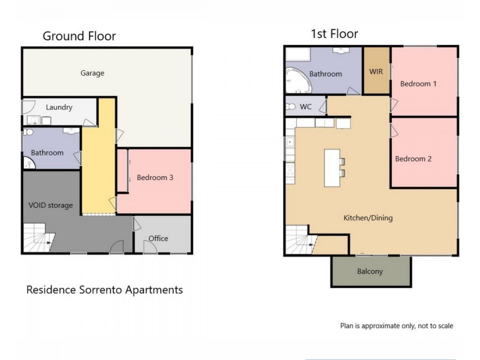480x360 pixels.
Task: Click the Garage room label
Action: pos(92,73)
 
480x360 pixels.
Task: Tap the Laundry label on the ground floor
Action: pos(59,107)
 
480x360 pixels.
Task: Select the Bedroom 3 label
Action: pos(155,177)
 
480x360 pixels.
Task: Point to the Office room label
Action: pos(158,238)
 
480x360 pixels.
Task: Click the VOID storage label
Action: pos(50,205)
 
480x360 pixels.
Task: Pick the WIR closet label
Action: pos(376,71)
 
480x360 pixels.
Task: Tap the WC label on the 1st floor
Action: pos(305,107)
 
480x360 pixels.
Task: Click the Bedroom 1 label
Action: pos(418,84)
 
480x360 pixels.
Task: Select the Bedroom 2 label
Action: pos(413,159)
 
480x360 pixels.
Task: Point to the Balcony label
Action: pos(370,271)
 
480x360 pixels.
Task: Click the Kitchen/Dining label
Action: pos(368,218)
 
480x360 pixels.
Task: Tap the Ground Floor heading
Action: pos(79,36)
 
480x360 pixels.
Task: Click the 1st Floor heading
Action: pos(334,34)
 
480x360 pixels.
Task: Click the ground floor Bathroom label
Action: pos(47,152)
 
